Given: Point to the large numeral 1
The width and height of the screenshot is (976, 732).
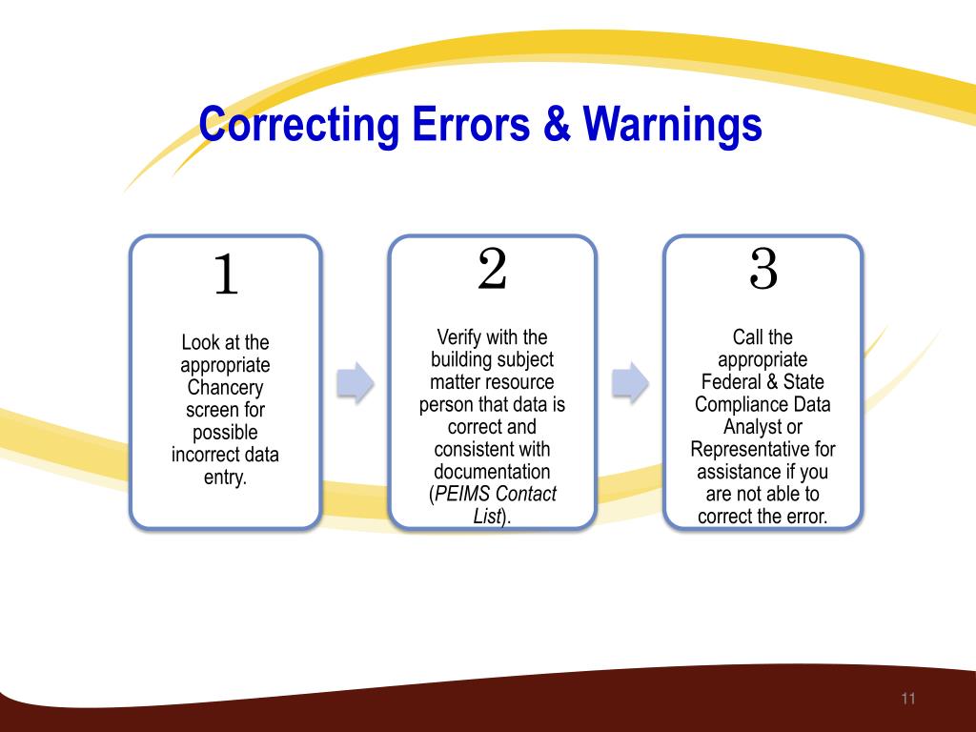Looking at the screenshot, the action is (226, 276).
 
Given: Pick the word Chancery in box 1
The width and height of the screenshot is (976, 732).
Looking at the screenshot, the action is (225, 387).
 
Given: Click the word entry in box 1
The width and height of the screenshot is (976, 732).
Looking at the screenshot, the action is (225, 478).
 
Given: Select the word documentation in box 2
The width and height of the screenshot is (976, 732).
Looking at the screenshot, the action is (492, 472).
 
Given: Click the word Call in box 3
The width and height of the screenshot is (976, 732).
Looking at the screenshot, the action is (749, 337).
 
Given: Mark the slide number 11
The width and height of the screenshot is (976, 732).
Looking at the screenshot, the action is (907, 700).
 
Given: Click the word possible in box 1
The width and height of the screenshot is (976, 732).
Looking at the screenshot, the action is (225, 433).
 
